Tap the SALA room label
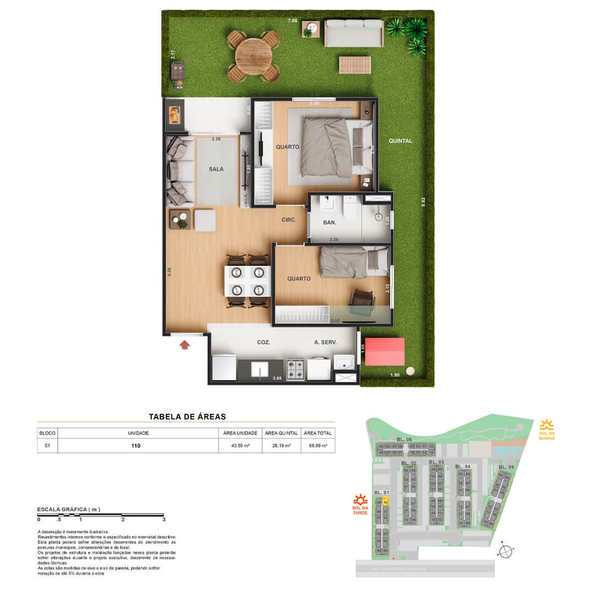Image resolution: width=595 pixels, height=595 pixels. [216, 169]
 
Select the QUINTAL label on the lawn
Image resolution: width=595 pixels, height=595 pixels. [400, 140]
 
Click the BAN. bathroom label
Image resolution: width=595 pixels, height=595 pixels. [329, 223]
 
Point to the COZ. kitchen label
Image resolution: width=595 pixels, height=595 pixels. [263, 342]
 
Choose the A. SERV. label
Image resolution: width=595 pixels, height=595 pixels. [325, 342]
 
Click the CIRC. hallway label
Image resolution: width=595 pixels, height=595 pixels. [289, 220]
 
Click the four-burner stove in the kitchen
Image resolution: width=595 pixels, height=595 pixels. [295, 369]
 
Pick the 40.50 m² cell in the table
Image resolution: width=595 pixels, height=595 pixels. [241, 446]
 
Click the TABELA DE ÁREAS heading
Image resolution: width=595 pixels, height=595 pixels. [187, 417]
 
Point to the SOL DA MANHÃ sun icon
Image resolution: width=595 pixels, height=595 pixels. [547, 425]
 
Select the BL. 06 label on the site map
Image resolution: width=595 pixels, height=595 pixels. [404, 439]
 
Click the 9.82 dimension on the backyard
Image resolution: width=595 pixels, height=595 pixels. [423, 202]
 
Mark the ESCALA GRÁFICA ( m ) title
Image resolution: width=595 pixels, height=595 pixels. [68, 510]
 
